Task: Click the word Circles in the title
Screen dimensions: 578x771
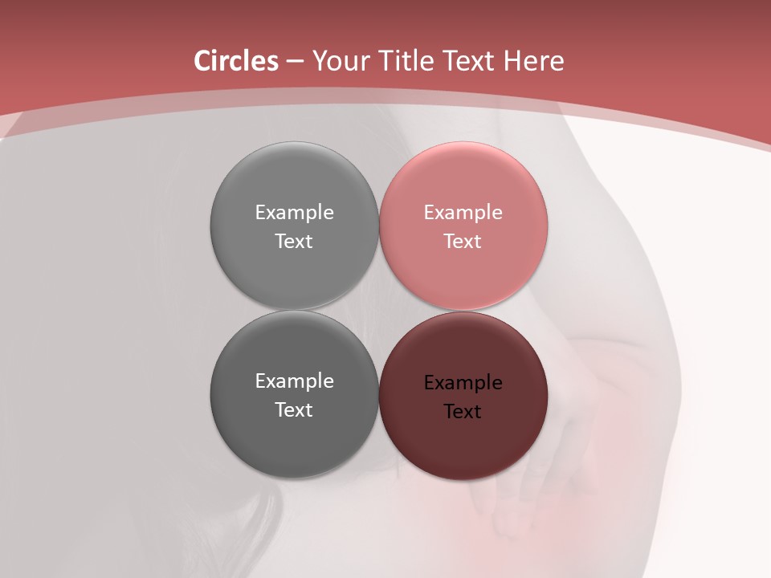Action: click(x=235, y=61)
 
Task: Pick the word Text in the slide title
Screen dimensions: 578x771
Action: click(x=468, y=61)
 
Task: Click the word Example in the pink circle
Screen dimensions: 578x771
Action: click(x=463, y=213)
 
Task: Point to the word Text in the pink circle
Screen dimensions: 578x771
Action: click(x=463, y=241)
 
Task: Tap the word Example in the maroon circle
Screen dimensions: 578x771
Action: click(x=463, y=383)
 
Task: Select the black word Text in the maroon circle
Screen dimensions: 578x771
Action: click(x=463, y=411)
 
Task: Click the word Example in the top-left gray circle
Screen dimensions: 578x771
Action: click(x=294, y=213)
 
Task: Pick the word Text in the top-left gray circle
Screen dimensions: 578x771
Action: click(x=294, y=241)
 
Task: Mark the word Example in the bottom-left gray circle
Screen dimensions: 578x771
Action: click(x=294, y=381)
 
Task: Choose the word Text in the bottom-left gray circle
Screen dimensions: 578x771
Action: click(x=294, y=409)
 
